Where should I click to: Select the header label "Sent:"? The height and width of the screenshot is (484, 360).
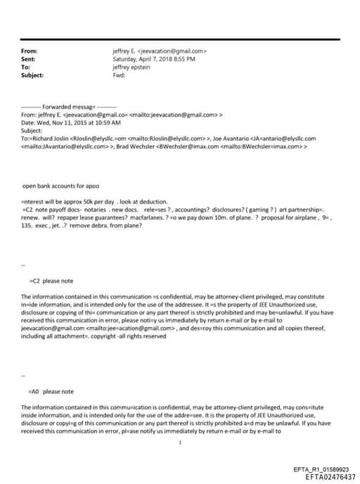[29, 59]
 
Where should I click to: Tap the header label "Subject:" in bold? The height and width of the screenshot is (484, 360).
[33, 75]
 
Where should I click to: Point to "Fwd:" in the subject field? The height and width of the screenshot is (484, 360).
[118, 75]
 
